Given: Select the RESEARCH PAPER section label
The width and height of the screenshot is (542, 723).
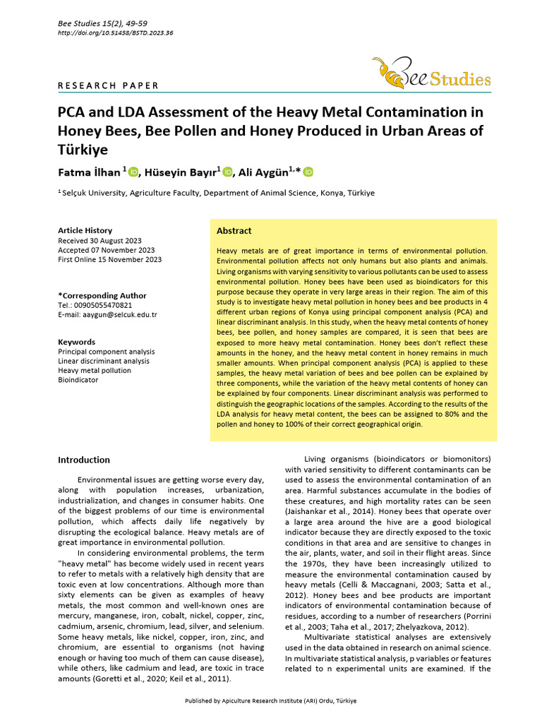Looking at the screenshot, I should (x=108, y=86).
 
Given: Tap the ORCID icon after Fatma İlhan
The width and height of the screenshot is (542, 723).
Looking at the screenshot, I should (x=133, y=172).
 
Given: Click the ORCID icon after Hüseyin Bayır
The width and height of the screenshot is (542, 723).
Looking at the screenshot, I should (x=229, y=172).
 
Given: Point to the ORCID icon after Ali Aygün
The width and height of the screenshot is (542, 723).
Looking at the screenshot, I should (x=308, y=172).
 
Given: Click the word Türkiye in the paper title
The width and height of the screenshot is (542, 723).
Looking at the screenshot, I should (x=83, y=150).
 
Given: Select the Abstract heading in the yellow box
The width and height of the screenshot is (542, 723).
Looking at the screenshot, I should (x=234, y=231).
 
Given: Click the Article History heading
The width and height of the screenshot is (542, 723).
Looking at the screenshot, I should (x=85, y=231).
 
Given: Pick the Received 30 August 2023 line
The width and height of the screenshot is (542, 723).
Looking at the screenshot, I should (x=102, y=241).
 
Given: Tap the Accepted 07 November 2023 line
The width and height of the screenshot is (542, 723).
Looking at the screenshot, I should (x=106, y=250).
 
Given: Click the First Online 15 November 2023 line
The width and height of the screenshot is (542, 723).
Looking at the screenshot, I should (x=109, y=259).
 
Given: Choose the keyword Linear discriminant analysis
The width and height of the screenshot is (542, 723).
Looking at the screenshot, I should (x=103, y=361).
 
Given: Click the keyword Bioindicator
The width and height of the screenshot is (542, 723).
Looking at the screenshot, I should (x=78, y=379).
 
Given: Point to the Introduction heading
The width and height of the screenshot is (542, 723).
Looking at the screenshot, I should (x=83, y=460).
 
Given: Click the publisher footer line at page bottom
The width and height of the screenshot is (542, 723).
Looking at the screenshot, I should (x=271, y=700).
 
